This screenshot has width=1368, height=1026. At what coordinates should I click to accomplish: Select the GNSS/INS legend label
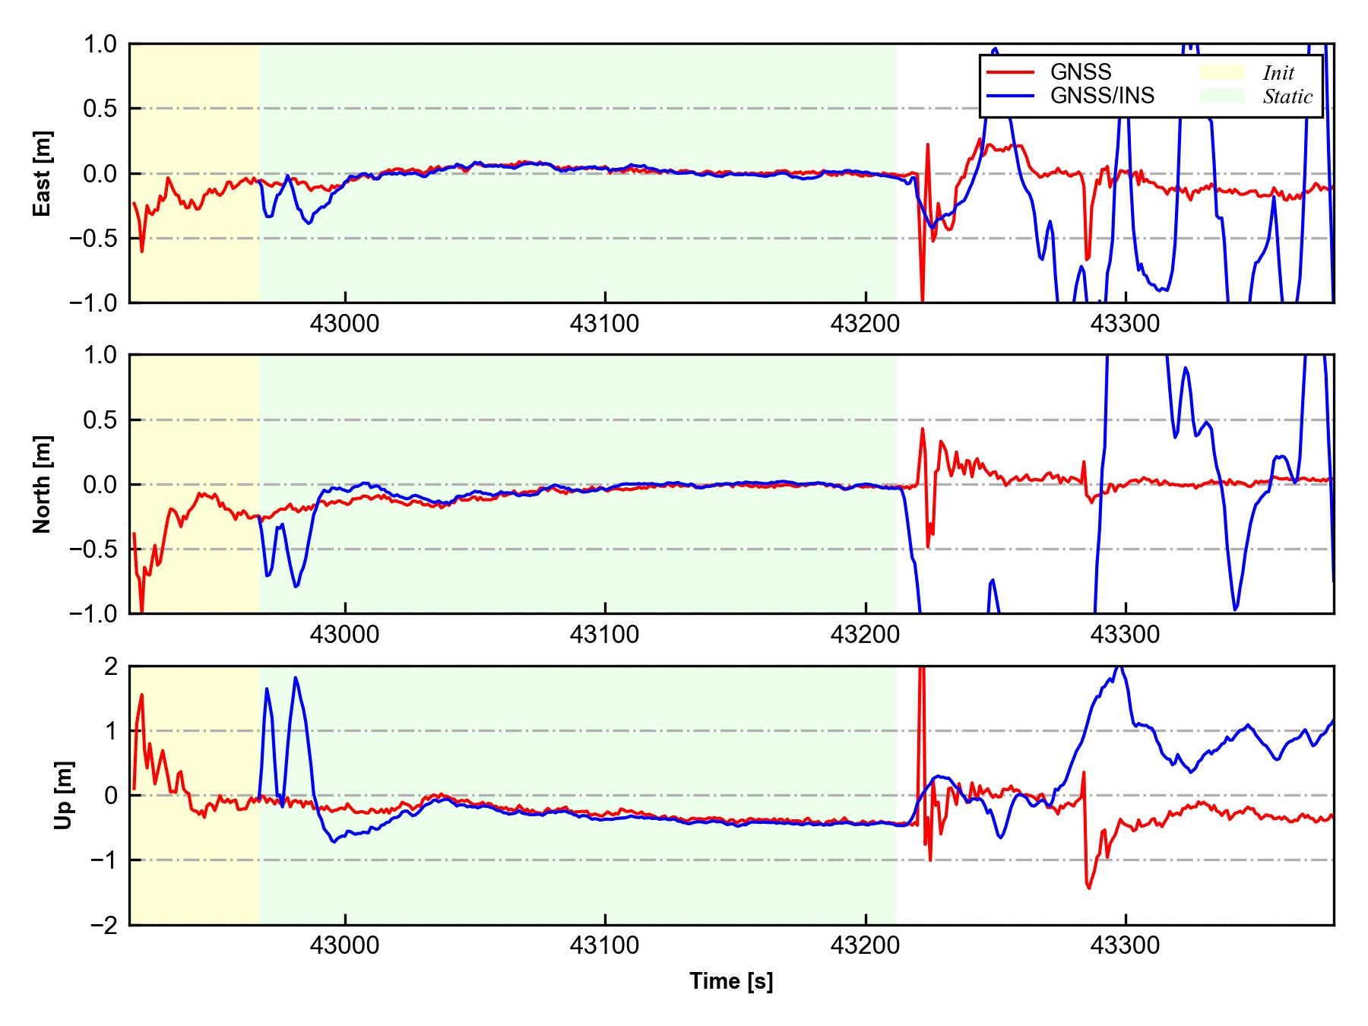[1102, 96]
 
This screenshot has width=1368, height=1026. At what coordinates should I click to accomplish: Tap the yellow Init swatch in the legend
[1222, 72]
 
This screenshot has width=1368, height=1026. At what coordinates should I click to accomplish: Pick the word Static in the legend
[1287, 97]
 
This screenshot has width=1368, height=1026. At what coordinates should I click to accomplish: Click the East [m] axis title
[43, 173]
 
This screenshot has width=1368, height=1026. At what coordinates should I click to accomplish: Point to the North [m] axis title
[43, 484]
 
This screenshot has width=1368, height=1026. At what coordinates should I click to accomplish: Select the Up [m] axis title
[64, 795]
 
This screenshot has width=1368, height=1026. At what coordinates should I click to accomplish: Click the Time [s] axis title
[731, 981]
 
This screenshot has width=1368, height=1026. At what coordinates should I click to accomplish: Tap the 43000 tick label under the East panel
[345, 324]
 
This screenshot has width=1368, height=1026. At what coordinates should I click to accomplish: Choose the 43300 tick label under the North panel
[1126, 635]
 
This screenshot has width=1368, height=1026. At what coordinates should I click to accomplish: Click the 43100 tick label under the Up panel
[605, 945]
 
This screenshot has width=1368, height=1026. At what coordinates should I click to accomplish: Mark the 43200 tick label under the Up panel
[866, 945]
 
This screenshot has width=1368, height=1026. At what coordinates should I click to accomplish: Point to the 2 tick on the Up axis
[110, 667]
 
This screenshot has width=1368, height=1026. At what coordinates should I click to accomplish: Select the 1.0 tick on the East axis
[100, 45]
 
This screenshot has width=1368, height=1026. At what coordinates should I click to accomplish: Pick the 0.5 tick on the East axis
[100, 109]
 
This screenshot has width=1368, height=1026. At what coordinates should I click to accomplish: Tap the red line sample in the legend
[1010, 72]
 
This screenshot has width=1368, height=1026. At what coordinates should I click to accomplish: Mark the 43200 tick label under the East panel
[866, 324]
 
